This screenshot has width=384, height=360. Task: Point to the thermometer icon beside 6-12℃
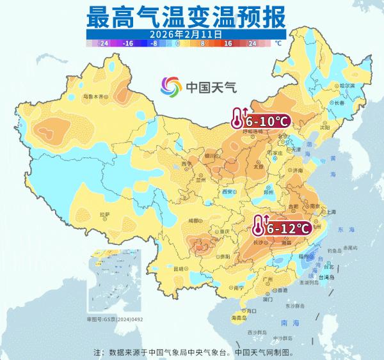[x=259, y=226]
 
